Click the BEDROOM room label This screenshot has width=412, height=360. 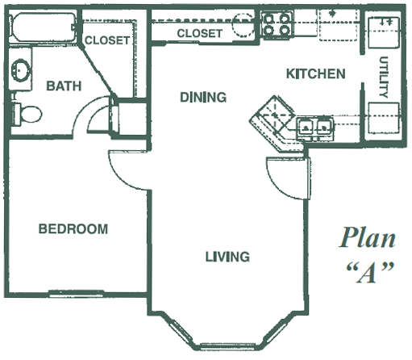click(x=73, y=229)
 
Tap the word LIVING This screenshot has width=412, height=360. click(x=227, y=257)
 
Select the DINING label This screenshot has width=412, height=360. click(x=202, y=98)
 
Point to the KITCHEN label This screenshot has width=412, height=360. click(x=316, y=74)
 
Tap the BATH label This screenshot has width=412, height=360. click(x=61, y=86)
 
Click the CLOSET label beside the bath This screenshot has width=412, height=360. click(x=107, y=41)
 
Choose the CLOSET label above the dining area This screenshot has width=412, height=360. click(x=199, y=33)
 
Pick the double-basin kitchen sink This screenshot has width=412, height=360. click(x=314, y=126)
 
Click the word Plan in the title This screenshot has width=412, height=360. click(x=367, y=238)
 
